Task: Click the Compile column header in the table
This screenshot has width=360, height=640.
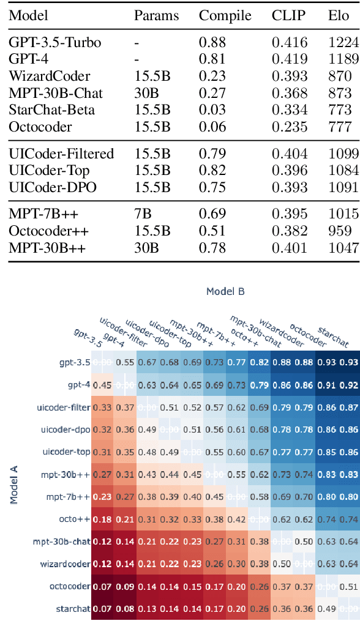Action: click(225, 15)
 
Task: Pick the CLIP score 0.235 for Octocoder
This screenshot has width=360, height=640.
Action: click(290, 127)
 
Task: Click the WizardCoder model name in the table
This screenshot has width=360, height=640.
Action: click(50, 76)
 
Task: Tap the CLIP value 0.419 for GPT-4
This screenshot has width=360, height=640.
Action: click(290, 59)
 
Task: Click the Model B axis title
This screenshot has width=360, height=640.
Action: click(225, 291)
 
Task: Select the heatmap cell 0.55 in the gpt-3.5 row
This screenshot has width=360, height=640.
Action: click(125, 362)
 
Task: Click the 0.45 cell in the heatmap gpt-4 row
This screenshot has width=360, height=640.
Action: click(102, 385)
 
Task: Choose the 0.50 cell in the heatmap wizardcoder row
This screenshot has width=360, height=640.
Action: click(282, 564)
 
